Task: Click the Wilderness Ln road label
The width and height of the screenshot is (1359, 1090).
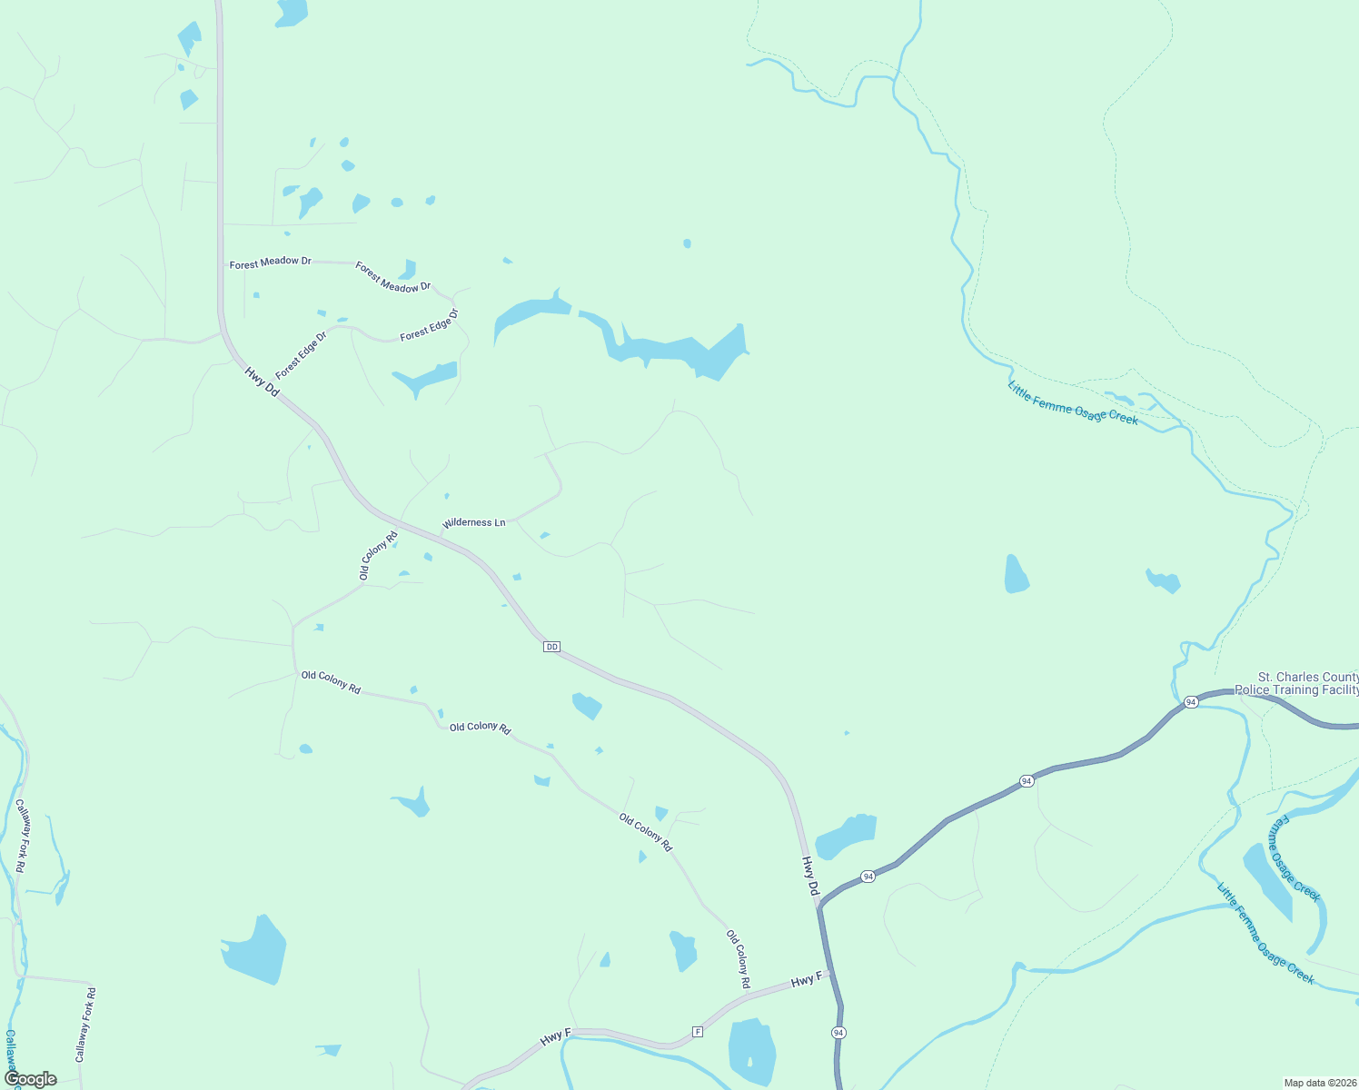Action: [x=473, y=523]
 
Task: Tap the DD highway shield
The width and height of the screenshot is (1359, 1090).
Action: [x=551, y=647]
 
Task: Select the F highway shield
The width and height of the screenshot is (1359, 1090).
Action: [x=698, y=1031]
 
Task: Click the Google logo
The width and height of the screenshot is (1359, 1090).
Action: [x=30, y=1079]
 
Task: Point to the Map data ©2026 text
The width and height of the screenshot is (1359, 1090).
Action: [x=1319, y=1083]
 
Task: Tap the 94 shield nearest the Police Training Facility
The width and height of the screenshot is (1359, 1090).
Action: [x=1190, y=702]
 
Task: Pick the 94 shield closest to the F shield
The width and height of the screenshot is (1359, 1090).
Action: [x=838, y=1033]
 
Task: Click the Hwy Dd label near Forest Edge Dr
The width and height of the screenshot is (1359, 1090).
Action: [x=262, y=381]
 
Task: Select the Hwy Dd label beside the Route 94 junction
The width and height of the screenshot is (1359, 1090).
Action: [x=810, y=876]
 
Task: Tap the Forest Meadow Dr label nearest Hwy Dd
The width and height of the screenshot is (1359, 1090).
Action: [x=270, y=263]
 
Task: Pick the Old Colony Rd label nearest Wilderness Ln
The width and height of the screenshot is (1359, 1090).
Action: [x=378, y=555]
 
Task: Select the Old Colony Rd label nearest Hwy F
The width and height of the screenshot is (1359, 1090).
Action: [x=738, y=958]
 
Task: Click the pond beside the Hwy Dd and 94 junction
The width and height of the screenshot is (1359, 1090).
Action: [x=847, y=836]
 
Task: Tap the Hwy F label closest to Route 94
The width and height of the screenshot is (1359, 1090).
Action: [x=806, y=980]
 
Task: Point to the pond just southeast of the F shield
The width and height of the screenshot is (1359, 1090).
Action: [x=752, y=1051]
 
